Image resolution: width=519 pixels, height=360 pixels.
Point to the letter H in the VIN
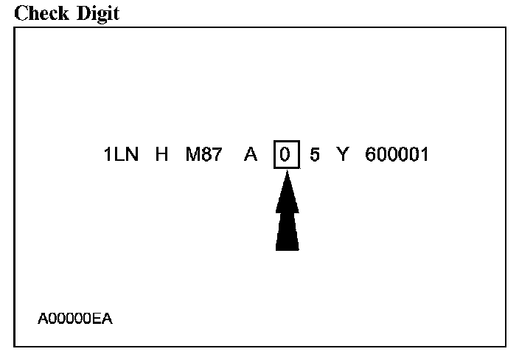tap(161, 156)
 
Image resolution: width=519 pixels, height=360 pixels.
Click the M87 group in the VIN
tap(204, 156)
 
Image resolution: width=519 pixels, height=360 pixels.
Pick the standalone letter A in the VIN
tap(251, 156)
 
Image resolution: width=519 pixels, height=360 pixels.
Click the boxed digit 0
tap(286, 156)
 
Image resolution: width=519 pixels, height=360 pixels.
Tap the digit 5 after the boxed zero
tap(315, 156)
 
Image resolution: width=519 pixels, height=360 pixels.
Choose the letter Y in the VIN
tap(342, 156)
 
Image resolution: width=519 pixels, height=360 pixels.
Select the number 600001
tap(397, 156)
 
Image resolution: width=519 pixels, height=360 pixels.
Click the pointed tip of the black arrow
tap(287, 173)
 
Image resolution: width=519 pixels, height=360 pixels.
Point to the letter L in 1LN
tap(120, 156)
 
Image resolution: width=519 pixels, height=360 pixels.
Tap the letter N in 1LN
tap(132, 156)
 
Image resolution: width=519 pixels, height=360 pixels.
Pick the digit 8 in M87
tap(206, 156)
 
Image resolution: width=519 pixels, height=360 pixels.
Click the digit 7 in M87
tap(216, 156)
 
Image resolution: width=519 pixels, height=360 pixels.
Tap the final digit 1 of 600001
tap(424, 156)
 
